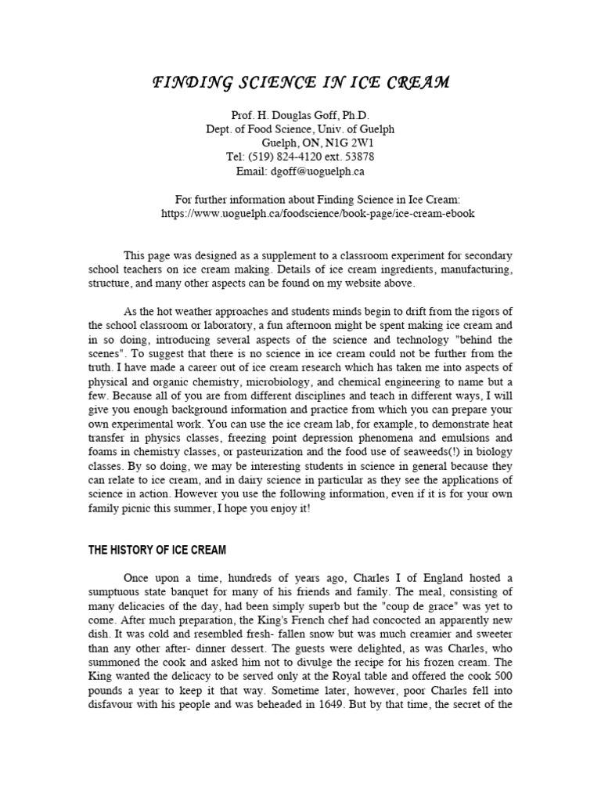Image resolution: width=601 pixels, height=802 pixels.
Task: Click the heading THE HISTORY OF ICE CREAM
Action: [x=157, y=551]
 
